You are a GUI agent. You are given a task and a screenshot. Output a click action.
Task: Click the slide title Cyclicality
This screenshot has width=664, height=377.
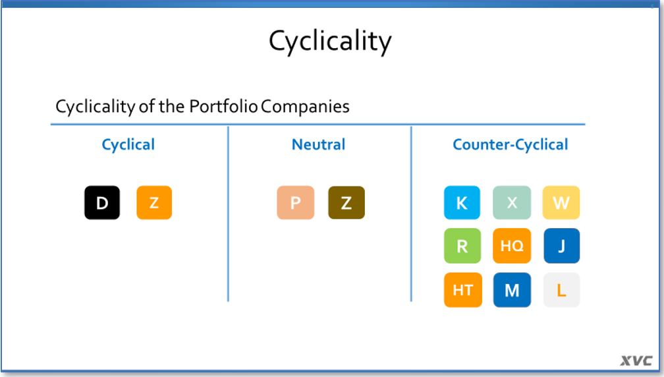pos(330,42)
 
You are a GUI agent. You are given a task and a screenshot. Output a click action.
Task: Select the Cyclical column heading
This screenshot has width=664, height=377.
pos(128,145)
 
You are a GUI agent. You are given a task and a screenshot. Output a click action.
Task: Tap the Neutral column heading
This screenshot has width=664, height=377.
pos(318,144)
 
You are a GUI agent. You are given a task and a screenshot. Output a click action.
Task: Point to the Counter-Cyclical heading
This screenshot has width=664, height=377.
pos(511,145)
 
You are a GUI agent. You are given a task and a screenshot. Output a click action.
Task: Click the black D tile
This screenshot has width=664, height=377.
pos(102,202)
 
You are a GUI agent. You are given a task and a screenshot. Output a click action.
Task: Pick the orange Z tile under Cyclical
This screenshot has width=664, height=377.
pos(154,202)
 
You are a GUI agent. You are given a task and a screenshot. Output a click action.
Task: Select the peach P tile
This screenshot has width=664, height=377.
pos(296,202)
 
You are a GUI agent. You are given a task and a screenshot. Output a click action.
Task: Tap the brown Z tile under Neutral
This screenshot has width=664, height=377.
pos(346,202)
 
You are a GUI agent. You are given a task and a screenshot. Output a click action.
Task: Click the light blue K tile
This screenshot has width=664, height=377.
pos(462,202)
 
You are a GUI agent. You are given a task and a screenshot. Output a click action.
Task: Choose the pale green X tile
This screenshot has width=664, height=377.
pos(512,202)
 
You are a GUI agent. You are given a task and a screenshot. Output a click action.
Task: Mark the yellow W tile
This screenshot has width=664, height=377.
pos(561,202)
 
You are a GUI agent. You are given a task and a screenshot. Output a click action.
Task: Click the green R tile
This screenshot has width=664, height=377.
pos(462,246)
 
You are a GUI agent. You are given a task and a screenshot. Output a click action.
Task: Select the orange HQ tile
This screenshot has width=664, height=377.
pos(512,246)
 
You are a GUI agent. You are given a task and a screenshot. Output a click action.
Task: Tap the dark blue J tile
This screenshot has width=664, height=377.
pos(561,246)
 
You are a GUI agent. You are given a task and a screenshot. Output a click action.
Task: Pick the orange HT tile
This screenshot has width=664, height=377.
pos(463,290)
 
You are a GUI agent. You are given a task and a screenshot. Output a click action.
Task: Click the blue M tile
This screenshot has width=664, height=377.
pos(512,290)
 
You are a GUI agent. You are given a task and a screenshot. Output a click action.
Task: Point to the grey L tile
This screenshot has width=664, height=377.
pos(561,290)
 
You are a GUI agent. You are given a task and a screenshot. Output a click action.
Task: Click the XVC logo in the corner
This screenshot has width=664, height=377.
pos(636,361)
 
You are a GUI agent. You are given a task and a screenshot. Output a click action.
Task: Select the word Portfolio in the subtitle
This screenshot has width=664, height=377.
pos(223,106)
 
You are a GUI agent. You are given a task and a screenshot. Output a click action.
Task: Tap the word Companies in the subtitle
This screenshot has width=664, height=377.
pos(306,107)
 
